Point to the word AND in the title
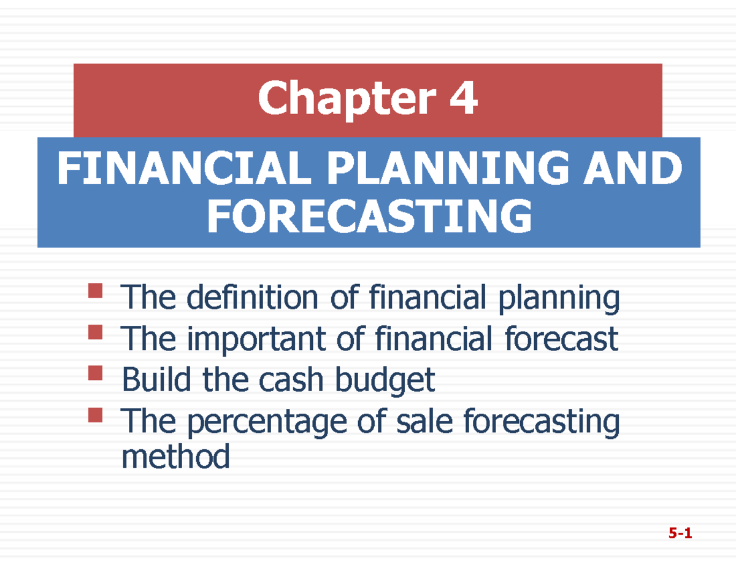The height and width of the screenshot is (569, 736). (637, 169)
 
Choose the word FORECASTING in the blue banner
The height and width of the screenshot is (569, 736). (369, 217)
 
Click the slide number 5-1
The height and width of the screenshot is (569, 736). (680, 534)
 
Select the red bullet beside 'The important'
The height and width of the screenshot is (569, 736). (94, 333)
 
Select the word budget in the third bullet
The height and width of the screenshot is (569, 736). (384, 382)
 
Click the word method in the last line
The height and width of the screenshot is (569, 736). (176, 457)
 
